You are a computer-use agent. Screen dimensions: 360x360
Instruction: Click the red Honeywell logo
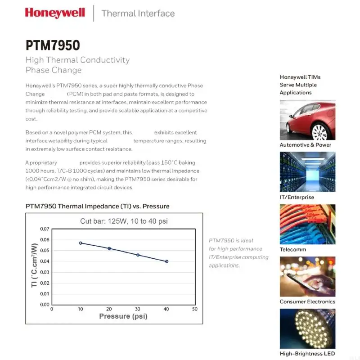tap(55, 12)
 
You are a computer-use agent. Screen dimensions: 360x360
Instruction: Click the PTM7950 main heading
tap(53, 45)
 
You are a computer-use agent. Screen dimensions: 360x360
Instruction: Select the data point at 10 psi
tap(81, 243)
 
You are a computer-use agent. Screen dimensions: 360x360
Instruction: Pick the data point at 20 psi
tap(109, 248)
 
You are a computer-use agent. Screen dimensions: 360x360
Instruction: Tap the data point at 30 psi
tap(138, 255)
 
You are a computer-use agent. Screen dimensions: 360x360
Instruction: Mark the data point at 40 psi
tap(166, 261)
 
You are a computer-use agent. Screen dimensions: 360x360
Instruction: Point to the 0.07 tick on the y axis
tap(44, 229)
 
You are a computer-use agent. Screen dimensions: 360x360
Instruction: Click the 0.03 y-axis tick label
tap(44, 272)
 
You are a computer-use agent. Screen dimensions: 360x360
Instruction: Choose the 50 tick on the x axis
tap(195, 309)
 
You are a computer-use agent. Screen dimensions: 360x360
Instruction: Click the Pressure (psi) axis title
tap(123, 316)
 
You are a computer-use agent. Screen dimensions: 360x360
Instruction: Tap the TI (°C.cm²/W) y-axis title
tap(34, 265)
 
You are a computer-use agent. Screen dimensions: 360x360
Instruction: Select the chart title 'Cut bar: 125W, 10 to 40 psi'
tap(124, 221)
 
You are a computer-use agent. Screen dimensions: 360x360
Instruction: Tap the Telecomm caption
tap(293, 249)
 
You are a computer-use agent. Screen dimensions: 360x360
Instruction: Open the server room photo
tap(307, 172)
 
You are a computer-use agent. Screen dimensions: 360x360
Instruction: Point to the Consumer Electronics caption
tap(307, 301)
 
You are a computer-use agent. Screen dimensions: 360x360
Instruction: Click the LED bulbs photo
tap(307, 328)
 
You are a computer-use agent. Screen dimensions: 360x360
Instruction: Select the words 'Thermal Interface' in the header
tap(138, 13)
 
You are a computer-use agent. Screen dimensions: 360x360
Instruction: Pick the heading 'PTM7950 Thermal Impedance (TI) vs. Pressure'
tap(98, 206)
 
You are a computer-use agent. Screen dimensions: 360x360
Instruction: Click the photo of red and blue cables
tap(307, 224)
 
